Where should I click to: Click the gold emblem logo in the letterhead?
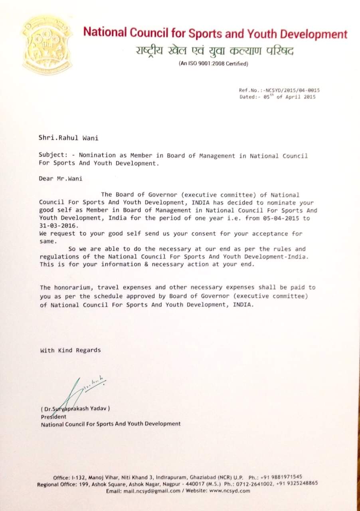coord(47,45)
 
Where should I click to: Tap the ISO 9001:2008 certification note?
coord(213,64)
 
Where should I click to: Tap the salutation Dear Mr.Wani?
coord(61,178)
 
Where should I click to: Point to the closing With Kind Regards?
coord(70,350)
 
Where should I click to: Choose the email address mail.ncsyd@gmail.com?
coord(154,491)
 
